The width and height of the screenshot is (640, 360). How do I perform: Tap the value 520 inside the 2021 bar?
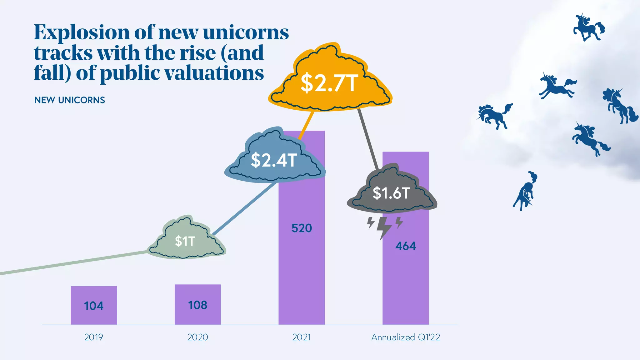(x=302, y=228)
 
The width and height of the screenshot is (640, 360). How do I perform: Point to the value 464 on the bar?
(x=405, y=246)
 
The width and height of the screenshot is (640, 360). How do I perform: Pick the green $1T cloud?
(x=186, y=241)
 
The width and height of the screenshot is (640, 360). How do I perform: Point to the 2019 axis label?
(x=93, y=337)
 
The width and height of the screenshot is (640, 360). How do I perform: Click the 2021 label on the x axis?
(x=302, y=337)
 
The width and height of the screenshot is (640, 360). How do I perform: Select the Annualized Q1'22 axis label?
(x=405, y=337)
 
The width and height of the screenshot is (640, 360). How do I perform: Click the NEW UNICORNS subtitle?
(x=70, y=100)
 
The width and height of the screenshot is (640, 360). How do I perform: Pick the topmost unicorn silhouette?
(x=588, y=27)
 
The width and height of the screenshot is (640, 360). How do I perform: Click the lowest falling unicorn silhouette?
(x=525, y=191)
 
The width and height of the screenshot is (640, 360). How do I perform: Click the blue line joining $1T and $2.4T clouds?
(x=245, y=208)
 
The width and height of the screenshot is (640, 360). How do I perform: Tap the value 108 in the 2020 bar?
(x=197, y=305)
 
